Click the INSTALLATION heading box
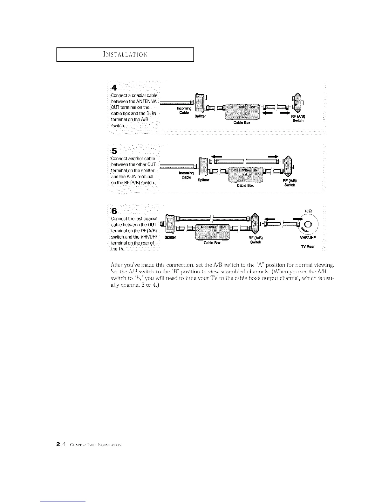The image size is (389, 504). pyautogui.click(x=125, y=54)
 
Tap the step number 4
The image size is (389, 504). pyautogui.click(x=113, y=88)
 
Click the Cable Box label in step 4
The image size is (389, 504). pyautogui.click(x=242, y=122)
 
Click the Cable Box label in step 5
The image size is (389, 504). pyautogui.click(x=245, y=186)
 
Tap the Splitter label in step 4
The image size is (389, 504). pyautogui.click(x=201, y=116)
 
